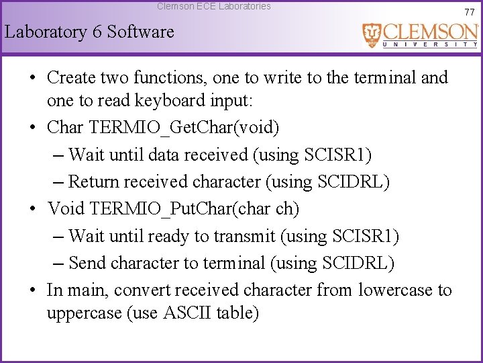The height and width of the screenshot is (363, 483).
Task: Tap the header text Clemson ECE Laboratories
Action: coord(214,6)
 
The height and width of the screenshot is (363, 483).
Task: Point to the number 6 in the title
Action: coord(95,32)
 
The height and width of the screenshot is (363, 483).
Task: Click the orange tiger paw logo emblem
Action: coord(371,35)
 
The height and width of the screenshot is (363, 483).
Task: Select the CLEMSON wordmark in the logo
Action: coord(430,32)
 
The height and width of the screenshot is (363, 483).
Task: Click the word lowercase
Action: coord(396,290)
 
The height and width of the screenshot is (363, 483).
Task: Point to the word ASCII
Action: coord(188,313)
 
